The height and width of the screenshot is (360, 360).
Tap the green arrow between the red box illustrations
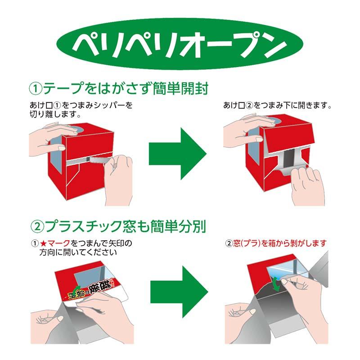[177, 153]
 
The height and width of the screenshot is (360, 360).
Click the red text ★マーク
[54, 243]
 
